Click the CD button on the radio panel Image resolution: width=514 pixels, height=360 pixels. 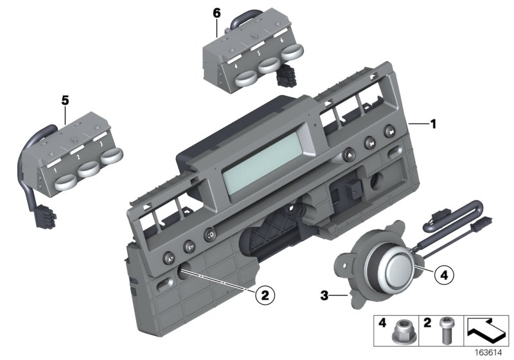pos(210,235)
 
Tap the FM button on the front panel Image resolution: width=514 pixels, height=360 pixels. pos(190,246)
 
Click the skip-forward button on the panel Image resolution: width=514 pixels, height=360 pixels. pos(391,133)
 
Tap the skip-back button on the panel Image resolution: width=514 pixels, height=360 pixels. pos(370,143)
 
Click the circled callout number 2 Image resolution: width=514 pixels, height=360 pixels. pos(263,296)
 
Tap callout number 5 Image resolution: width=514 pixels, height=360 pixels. pos(64,100)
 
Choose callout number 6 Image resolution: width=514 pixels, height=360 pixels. pos(217,13)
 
